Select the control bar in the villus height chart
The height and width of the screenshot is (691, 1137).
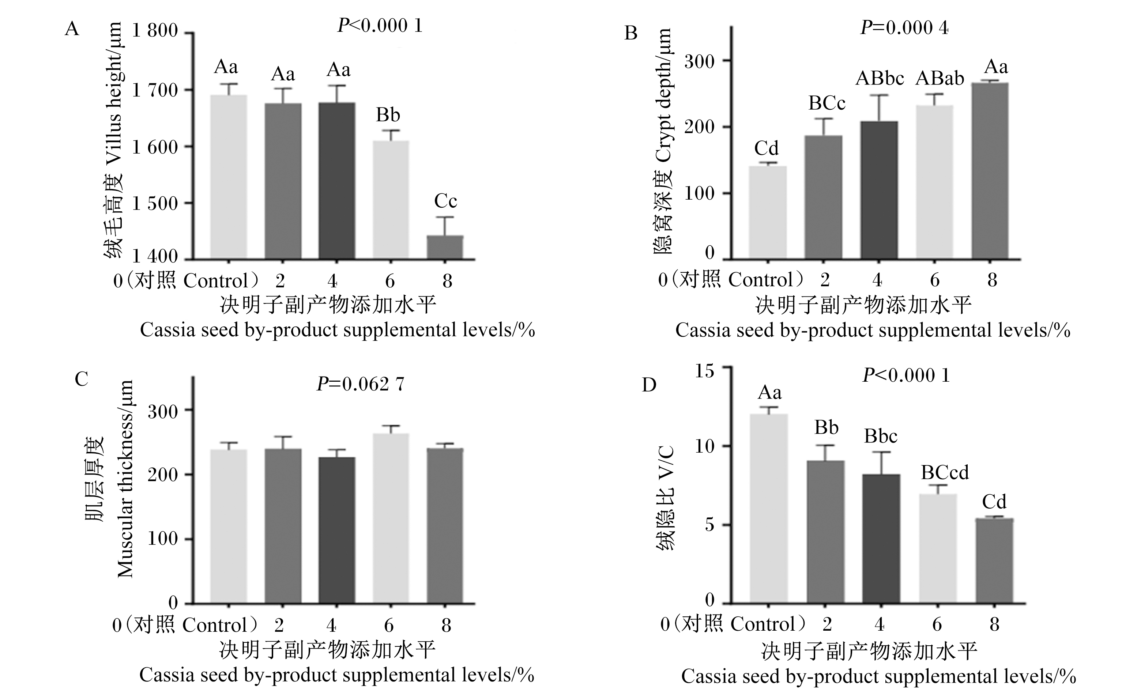point(229,177)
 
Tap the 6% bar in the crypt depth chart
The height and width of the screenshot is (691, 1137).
point(934,182)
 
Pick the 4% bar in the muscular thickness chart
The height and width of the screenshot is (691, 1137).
point(337,530)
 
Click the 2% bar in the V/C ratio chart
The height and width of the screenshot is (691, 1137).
point(826,532)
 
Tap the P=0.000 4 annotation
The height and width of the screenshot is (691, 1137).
point(904,28)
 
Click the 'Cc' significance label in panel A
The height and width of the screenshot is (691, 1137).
point(445,201)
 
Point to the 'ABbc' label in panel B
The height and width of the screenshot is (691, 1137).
point(880,78)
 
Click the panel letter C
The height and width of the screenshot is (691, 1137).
point(81,379)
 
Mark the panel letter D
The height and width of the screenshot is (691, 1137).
point(649,385)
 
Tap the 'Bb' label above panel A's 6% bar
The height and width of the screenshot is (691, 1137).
point(388,115)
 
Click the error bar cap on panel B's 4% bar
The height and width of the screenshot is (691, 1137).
point(880,95)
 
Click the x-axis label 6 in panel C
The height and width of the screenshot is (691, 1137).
point(389,626)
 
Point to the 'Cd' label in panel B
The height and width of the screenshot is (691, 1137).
point(767,148)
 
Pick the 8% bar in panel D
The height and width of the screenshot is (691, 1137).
point(994,560)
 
